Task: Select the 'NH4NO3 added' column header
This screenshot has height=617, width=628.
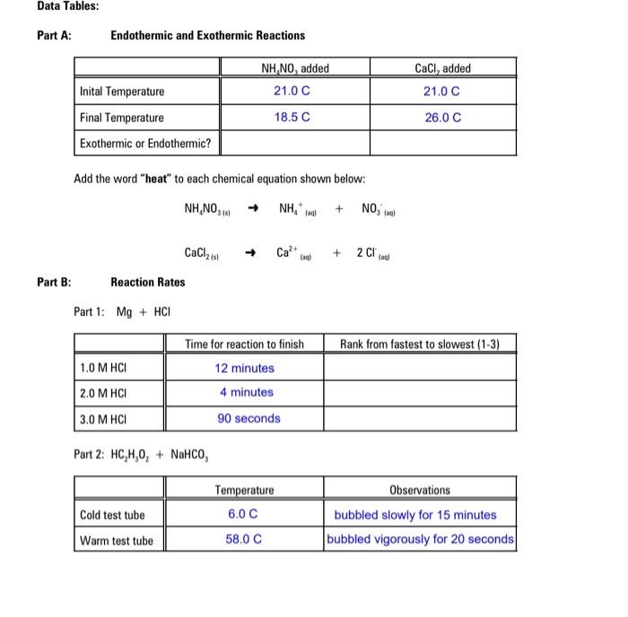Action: [x=295, y=68]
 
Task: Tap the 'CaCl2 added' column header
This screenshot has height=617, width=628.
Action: [x=442, y=68]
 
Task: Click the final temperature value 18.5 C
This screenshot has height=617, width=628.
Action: [x=292, y=118]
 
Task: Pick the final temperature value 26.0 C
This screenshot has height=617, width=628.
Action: [x=442, y=118]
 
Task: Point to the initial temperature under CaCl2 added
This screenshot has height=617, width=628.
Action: [x=442, y=92]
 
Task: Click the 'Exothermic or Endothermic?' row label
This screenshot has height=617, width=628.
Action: [x=145, y=144]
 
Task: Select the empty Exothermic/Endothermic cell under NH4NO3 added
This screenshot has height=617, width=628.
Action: [x=295, y=144]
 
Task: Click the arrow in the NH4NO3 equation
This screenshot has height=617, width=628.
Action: [x=254, y=209]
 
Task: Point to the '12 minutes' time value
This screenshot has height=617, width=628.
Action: [x=244, y=368]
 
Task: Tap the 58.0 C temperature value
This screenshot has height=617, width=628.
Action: [x=242, y=540]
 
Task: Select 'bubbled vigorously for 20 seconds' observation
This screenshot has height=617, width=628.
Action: [x=420, y=540]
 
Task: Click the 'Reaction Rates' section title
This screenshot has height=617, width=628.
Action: [x=147, y=282]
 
